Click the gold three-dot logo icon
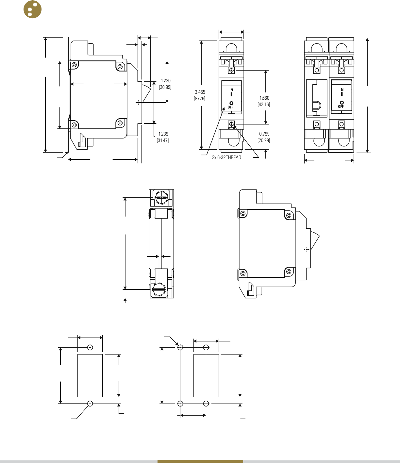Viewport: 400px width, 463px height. pyautogui.click(x=33, y=9)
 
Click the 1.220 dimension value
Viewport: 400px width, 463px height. pyautogui.click(x=165, y=81)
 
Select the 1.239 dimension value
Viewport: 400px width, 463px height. pyautogui.click(x=163, y=134)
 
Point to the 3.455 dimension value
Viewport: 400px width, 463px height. pyautogui.click(x=200, y=92)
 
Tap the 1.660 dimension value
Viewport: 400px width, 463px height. pyautogui.click(x=264, y=98)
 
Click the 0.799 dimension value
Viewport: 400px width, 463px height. pyautogui.click(x=264, y=134)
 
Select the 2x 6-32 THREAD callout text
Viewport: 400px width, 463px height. pyautogui.click(x=226, y=157)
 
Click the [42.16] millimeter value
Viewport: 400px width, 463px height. pyautogui.click(x=264, y=105)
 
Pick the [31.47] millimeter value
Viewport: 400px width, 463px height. pyautogui.click(x=163, y=141)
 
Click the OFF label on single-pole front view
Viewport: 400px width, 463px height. pyautogui.click(x=230, y=107)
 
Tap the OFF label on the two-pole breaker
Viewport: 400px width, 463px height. pyautogui.click(x=341, y=107)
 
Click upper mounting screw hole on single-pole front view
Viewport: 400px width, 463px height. pyautogui.click(x=231, y=70)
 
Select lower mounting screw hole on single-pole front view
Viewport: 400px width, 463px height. pyautogui.click(x=231, y=124)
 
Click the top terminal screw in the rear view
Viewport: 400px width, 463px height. pyautogui.click(x=161, y=198)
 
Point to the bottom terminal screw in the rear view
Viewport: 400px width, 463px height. pyautogui.click(x=159, y=289)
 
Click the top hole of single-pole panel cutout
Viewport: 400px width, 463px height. pyautogui.click(x=90, y=347)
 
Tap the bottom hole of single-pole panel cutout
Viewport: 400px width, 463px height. pyautogui.click(x=90, y=404)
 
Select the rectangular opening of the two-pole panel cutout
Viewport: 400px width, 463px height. pyautogui.click(x=206, y=375)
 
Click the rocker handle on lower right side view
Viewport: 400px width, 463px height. pyautogui.click(x=314, y=243)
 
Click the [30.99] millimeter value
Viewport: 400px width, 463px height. pyautogui.click(x=165, y=87)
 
